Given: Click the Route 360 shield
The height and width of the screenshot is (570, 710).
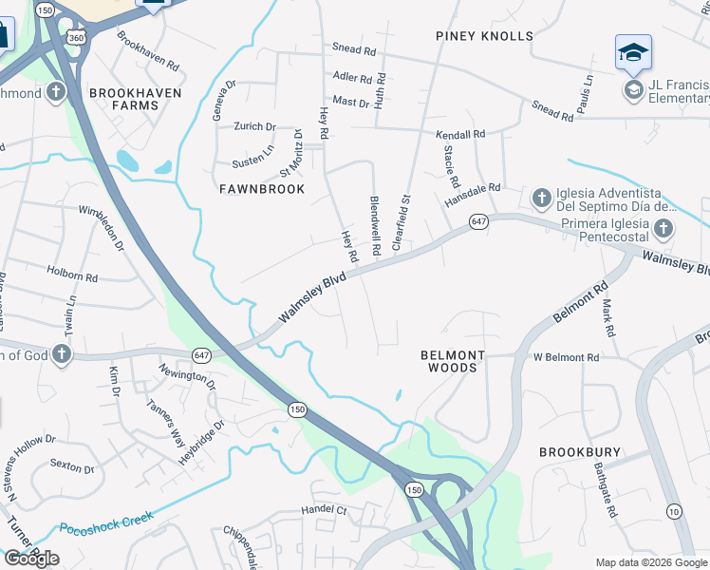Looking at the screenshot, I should [76, 35].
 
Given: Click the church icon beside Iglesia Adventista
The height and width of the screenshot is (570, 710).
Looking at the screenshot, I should [541, 199].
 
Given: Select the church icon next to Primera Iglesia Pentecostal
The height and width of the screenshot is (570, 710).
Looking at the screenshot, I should [663, 228].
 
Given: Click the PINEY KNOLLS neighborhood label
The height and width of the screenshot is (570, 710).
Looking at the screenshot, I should [484, 36].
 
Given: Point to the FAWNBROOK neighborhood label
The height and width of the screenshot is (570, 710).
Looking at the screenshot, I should [262, 189].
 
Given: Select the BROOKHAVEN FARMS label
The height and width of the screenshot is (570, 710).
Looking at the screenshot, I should [123, 99].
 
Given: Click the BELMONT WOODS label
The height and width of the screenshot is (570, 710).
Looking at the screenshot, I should [453, 361].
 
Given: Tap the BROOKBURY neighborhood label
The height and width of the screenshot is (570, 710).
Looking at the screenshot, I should [581, 452].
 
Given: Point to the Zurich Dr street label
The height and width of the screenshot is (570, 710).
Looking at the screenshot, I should [255, 126].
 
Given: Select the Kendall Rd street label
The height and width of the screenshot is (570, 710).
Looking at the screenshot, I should [460, 135].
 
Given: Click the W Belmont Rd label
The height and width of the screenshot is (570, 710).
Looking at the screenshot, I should [567, 357].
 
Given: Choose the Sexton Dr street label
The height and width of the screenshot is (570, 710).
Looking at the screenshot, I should [72, 467].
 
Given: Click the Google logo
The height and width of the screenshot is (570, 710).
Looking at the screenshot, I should [31, 559].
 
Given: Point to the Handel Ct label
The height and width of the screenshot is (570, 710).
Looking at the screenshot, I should [326, 509].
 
